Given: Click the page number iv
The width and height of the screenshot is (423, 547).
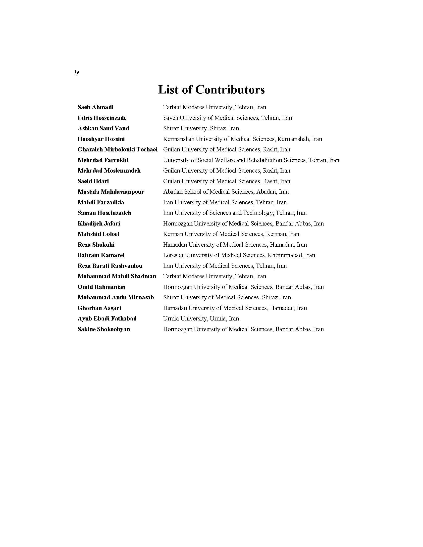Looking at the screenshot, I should point(76,73).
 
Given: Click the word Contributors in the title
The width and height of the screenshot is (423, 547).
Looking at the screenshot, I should point(230,90).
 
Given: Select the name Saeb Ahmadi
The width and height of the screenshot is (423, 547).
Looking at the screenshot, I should point(96,107).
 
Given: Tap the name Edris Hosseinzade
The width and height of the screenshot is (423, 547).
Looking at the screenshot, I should point(102,118).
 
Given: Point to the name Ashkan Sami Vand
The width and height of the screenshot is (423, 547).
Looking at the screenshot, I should point(103,128).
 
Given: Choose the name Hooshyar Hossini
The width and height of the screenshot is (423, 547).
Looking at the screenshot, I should point(101,139).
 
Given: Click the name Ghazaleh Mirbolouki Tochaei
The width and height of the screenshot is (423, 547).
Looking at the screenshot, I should point(117,149).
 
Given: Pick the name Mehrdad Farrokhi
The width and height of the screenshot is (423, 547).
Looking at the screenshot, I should point(103,160).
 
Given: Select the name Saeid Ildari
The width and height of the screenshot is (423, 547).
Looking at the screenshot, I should point(93,181).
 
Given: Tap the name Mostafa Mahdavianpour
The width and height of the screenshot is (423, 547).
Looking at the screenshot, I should point(111,192).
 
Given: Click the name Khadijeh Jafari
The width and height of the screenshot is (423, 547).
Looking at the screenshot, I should point(99,224).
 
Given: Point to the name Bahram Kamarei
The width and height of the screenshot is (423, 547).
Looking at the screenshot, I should point(101,255).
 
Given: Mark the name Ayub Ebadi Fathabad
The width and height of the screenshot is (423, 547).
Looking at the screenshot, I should point(107,319).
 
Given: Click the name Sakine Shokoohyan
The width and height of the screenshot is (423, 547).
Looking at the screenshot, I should point(104,329).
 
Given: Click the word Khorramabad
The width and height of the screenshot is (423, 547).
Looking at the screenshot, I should point(285,255).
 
